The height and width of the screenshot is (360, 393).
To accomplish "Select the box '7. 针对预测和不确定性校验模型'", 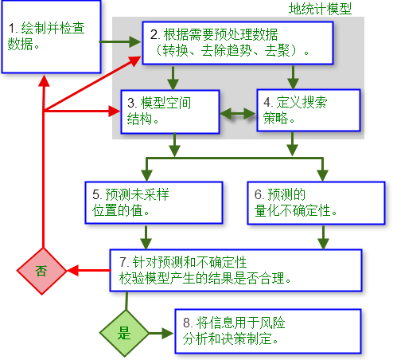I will pos(235,270).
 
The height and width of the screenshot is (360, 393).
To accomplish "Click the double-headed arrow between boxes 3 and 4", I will pos(237,112).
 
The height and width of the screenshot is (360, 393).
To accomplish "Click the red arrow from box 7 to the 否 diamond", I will pos(88,271).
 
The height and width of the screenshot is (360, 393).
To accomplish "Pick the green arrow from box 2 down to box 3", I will pos(173,77).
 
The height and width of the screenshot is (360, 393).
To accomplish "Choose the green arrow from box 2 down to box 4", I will pos(294,77).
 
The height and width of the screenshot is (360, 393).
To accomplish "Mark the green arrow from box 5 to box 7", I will pos(146,236).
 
